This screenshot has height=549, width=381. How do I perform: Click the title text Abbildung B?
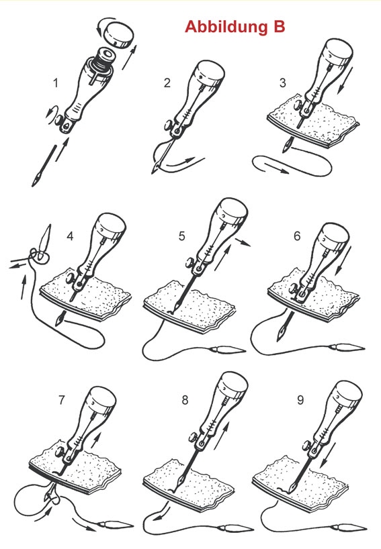tap(235, 27)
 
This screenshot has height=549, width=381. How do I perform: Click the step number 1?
tap(57, 83)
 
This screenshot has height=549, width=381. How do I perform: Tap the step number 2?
tap(167, 83)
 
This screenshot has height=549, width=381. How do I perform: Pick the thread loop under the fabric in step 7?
tap(30, 497)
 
